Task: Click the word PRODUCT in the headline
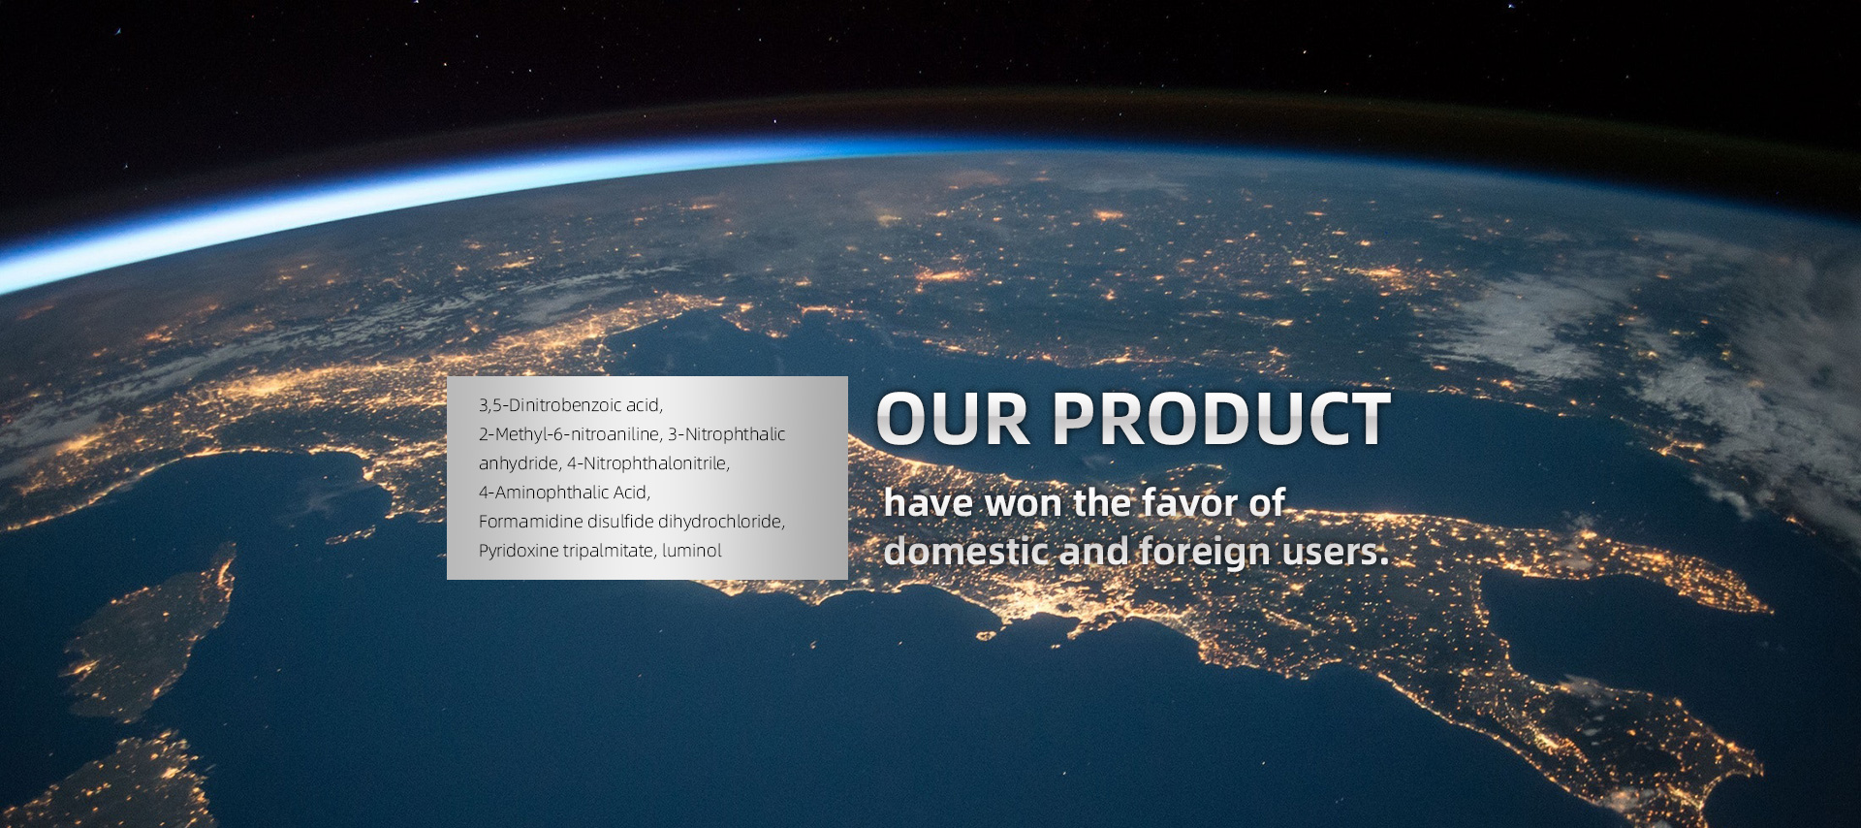coord(1222,420)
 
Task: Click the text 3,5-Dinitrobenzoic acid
coord(571,405)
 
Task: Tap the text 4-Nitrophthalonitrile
coord(648,463)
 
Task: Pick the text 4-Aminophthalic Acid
coord(564,493)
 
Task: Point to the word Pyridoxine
coord(517,551)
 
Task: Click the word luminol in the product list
coord(692,551)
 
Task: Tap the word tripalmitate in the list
coord(609,551)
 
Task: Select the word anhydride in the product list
coord(519,463)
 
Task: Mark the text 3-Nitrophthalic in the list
coord(727,434)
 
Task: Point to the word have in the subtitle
coord(929,504)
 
